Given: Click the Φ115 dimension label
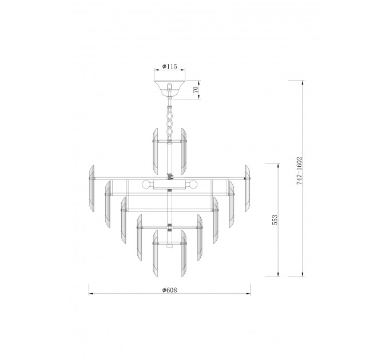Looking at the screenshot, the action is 170,66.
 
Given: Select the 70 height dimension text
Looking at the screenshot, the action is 196,90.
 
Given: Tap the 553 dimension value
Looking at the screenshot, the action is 275,220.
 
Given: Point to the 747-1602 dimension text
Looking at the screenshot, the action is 299,170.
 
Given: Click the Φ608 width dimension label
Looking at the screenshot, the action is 170,290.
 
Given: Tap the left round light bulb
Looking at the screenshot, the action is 146,185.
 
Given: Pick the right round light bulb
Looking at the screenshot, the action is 193,185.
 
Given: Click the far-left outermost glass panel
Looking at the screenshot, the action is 92,189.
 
